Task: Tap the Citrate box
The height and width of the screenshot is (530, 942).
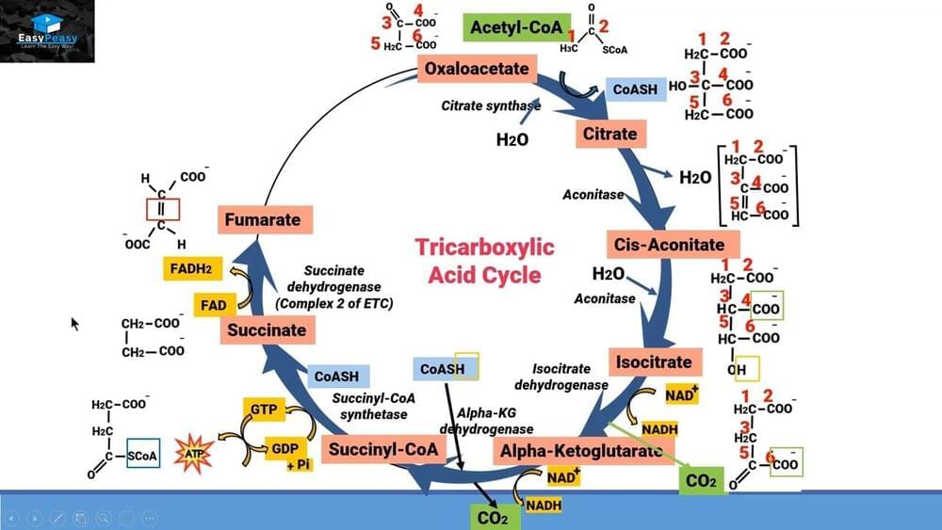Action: (609, 134)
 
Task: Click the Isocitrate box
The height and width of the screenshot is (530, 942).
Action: (654, 361)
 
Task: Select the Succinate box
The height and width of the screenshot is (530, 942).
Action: (267, 330)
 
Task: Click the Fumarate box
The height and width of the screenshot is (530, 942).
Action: (263, 220)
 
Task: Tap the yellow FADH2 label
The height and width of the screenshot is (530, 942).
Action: (190, 269)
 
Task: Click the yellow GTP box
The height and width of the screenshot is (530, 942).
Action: (261, 410)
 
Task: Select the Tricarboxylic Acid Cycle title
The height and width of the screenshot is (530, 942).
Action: (485, 261)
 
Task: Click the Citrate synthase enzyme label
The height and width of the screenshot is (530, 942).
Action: (490, 105)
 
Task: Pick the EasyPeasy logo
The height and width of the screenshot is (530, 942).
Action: (47, 31)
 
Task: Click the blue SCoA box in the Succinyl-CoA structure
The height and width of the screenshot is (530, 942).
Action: (142, 456)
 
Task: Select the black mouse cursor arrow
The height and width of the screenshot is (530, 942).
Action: (74, 323)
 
